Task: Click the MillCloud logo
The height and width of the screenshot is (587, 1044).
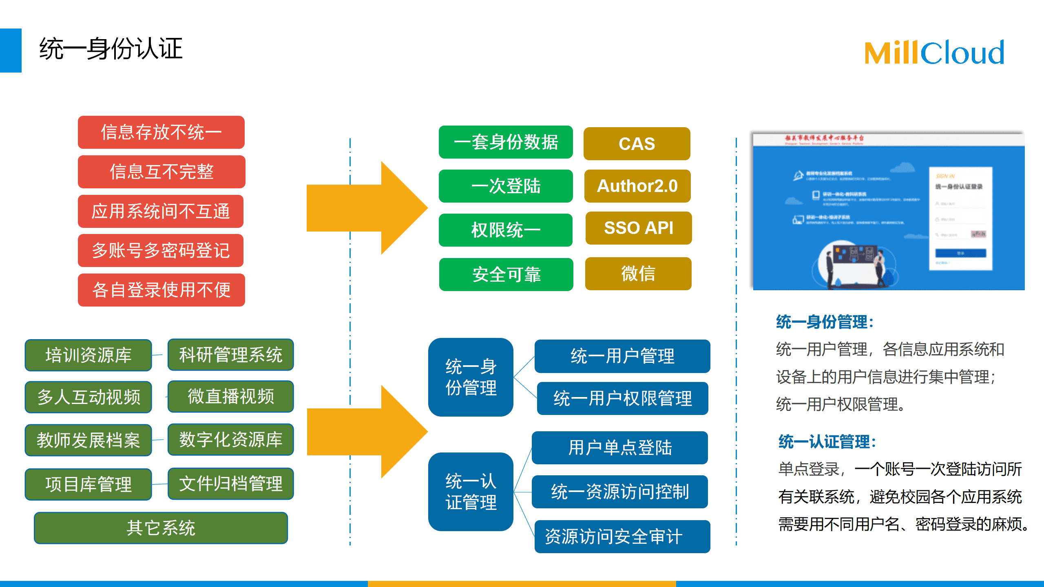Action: click(x=934, y=53)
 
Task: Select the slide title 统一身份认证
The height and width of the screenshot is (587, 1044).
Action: click(x=111, y=49)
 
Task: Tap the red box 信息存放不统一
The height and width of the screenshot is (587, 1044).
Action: click(x=161, y=132)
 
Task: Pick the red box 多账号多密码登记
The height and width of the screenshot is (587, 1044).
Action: click(x=161, y=250)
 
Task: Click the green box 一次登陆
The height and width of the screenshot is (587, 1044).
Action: click(x=506, y=186)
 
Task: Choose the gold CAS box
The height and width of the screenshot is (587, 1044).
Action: click(x=637, y=143)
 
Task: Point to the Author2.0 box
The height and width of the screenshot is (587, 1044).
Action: click(x=637, y=186)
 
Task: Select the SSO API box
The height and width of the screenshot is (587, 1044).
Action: click(x=638, y=228)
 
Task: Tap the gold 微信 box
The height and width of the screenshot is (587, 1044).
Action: click(x=638, y=274)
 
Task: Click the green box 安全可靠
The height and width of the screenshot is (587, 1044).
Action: click(x=506, y=274)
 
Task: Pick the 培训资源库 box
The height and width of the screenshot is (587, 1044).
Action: click(x=88, y=355)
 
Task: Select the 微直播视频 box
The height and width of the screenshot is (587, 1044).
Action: click(x=231, y=396)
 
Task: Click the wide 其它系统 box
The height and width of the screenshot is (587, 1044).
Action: click(x=161, y=528)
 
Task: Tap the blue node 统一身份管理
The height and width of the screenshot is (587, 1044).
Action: click(x=471, y=377)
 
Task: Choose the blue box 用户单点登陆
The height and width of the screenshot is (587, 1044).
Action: click(x=620, y=448)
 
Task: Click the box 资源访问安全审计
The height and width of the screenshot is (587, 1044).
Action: click(x=622, y=536)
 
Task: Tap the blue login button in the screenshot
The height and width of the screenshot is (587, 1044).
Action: click(x=960, y=253)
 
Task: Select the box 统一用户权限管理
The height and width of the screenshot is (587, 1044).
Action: click(x=622, y=398)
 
